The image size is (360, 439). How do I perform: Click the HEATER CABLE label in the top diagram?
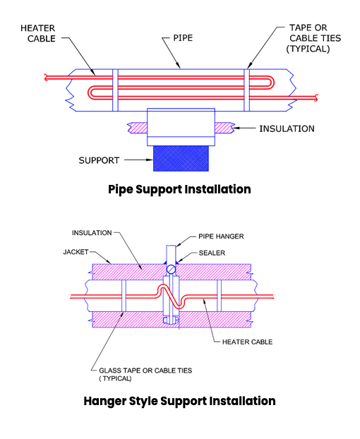(x=38, y=33)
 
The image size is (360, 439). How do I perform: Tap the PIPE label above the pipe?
(x=183, y=38)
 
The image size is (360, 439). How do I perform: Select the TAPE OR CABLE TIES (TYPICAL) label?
(x=313, y=38)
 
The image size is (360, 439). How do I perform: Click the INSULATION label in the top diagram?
(x=287, y=128)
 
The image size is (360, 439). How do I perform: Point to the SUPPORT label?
(x=99, y=160)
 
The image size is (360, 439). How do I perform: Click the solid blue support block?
(x=181, y=158)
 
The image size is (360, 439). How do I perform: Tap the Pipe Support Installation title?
(x=179, y=189)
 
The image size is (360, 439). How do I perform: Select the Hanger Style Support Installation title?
(x=179, y=401)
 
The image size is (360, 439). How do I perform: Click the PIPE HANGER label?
(x=221, y=236)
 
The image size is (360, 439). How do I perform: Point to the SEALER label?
(x=212, y=253)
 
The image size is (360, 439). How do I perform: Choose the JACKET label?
(x=76, y=252)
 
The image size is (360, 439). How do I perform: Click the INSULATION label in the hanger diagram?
(x=92, y=233)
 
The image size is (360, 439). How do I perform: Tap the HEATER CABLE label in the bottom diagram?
(x=248, y=342)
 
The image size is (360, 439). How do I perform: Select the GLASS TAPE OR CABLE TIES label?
(x=145, y=371)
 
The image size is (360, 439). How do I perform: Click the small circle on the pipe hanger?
(x=171, y=270)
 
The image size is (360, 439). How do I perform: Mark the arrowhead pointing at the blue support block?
(x=150, y=160)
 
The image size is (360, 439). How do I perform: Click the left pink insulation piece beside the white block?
(x=138, y=128)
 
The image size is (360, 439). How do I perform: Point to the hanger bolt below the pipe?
(x=171, y=320)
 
